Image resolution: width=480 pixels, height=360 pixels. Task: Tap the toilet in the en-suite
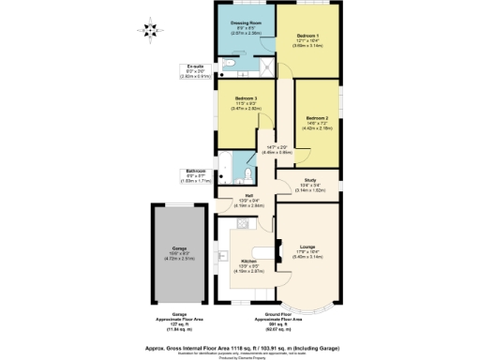point(231,65)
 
